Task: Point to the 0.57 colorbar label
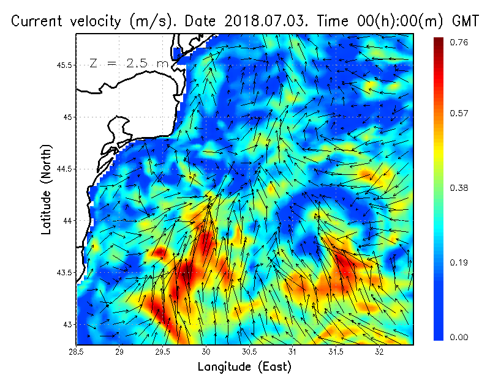[460, 113]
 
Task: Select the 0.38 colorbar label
[460, 188]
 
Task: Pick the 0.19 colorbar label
[460, 263]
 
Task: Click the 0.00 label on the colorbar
[460, 337]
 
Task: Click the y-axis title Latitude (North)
[47, 189]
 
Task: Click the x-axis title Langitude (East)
[244, 367]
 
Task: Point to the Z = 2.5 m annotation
[129, 63]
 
